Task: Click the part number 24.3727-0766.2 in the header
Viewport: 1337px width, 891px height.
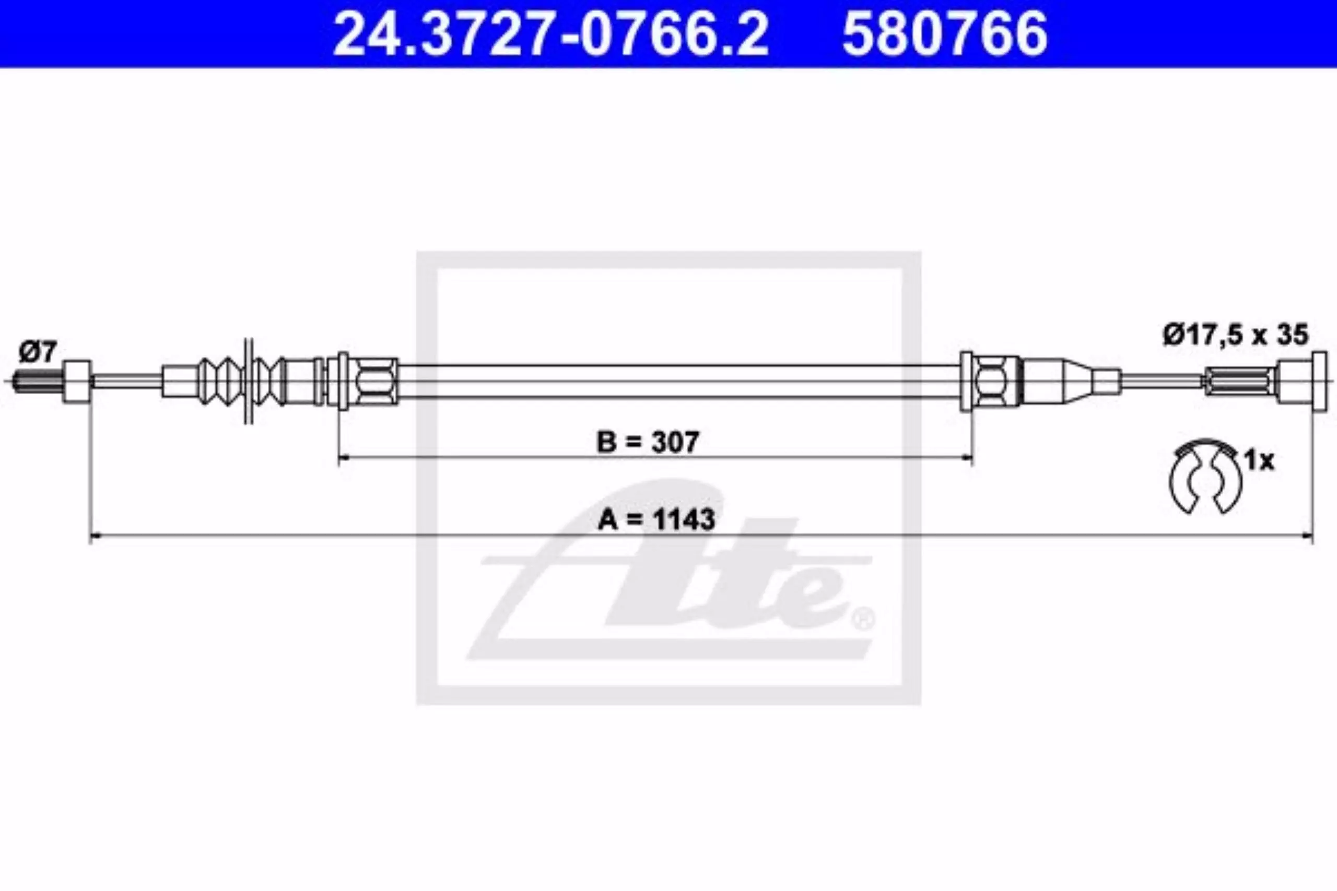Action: (x=550, y=33)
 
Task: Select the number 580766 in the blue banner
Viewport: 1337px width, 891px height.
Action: (x=945, y=33)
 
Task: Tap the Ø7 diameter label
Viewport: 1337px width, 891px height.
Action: (x=38, y=352)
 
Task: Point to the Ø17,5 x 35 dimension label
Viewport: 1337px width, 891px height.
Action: (x=1235, y=335)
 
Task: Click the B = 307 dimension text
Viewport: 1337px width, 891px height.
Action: (x=648, y=442)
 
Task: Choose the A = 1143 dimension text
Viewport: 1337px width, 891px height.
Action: (x=656, y=519)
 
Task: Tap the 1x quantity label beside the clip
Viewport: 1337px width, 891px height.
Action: (x=1260, y=460)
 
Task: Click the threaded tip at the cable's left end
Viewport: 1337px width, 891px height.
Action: (x=37, y=381)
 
